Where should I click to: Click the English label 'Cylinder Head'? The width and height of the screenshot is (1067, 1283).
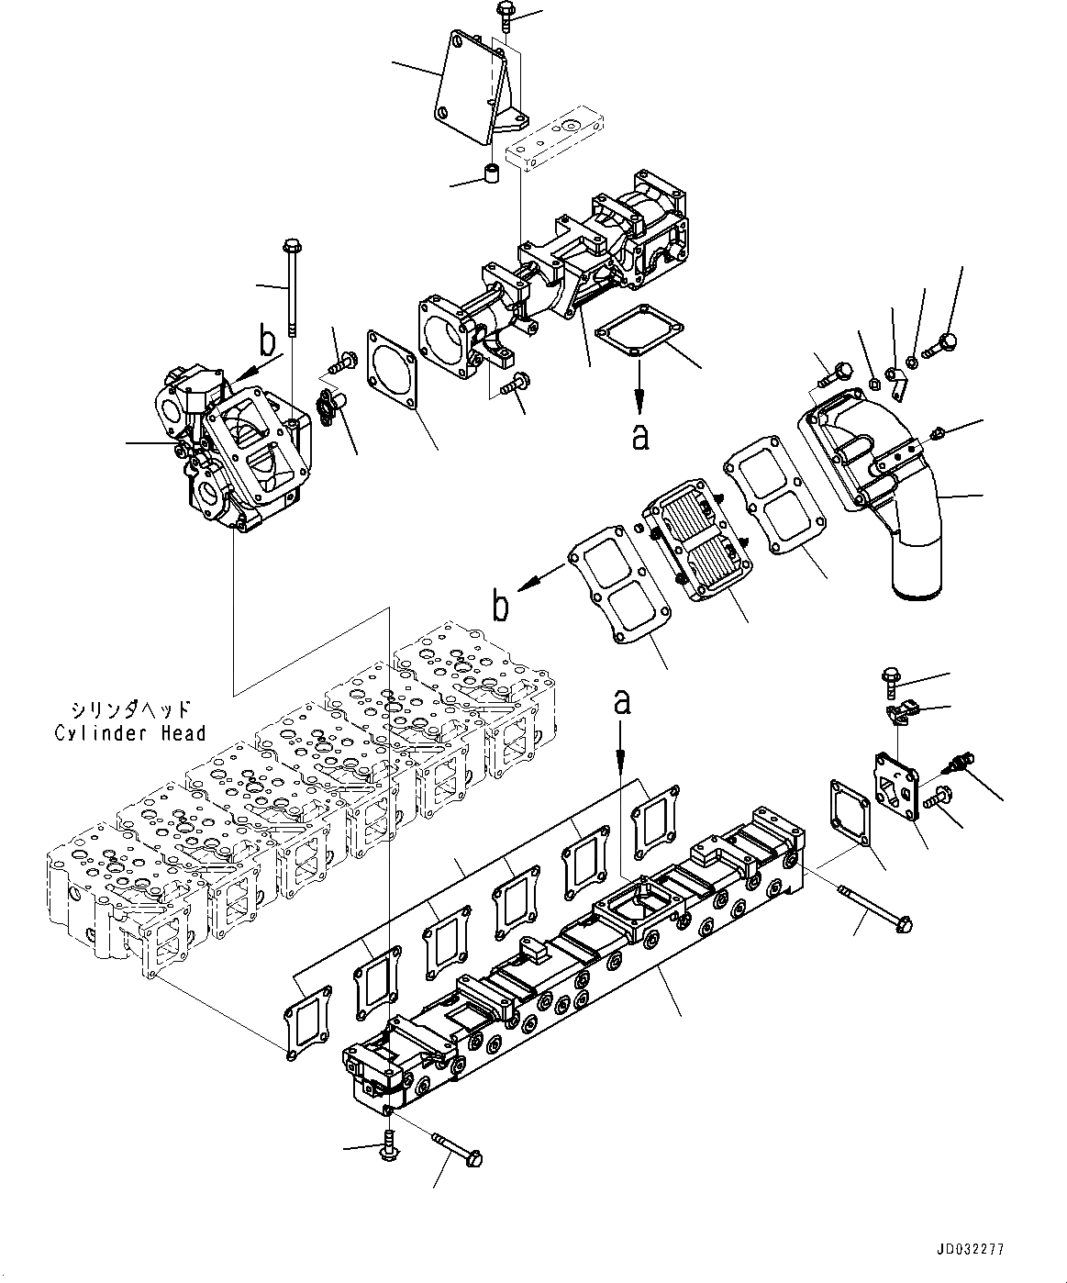coord(129,732)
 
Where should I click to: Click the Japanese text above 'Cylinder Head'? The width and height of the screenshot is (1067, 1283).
coord(129,710)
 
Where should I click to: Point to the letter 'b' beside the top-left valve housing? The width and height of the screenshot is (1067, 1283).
coord(267,343)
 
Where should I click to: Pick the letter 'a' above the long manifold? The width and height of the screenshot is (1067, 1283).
coord(622,702)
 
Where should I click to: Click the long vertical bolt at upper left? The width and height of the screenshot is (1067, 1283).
coord(293,286)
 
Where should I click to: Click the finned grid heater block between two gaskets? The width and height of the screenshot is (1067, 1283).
coord(699,543)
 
